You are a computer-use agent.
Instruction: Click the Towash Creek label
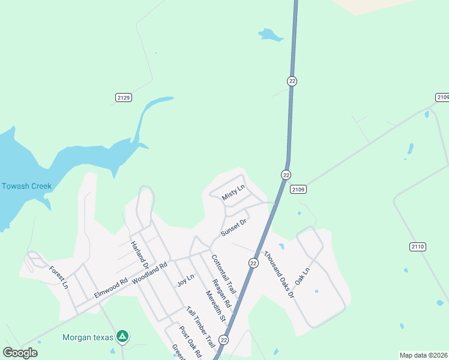26,186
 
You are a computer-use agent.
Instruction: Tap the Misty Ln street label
234,193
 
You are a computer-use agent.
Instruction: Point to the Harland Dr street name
140,256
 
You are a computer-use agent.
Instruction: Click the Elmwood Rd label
111,288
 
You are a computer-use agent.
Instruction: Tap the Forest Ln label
59,277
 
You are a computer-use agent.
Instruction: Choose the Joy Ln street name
186,280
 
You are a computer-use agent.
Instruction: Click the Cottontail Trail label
220,272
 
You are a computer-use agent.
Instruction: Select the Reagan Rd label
221,293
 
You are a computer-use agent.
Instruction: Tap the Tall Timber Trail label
200,327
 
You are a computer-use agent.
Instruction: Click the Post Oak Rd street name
190,343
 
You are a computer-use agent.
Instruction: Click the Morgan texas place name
88,337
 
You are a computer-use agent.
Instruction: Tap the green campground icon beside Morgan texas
122,337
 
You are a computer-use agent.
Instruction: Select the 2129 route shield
123,97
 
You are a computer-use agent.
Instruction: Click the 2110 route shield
417,247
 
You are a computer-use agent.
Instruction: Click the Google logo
20,353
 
